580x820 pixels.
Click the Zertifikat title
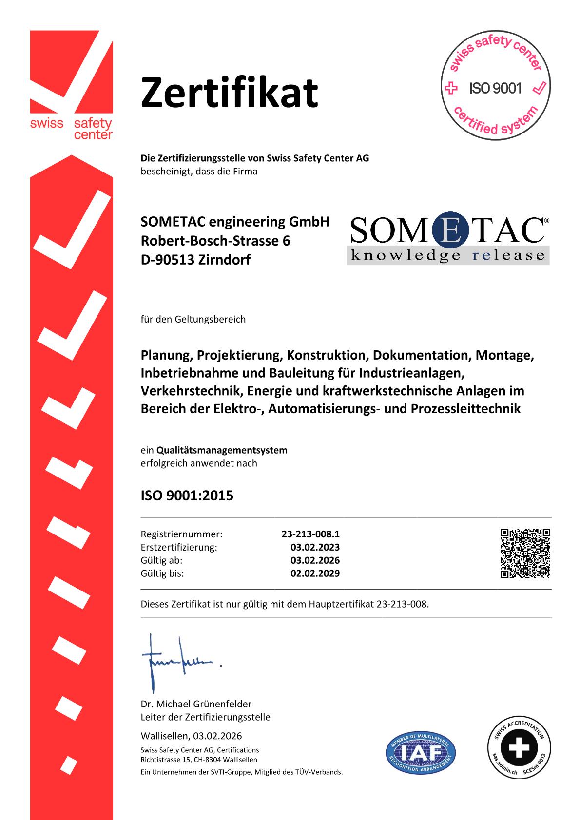point(229,92)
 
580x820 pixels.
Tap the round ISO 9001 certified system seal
point(495,88)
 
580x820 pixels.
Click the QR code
point(525,553)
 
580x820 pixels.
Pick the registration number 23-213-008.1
point(310,534)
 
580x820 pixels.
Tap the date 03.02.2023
point(315,547)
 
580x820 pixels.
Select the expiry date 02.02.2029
point(315,573)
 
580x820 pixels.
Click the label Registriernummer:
point(181,534)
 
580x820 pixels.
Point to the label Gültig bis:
point(162,573)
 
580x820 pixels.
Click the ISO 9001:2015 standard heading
point(187,496)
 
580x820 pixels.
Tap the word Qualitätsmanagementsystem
point(222,450)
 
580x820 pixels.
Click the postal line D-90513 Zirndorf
point(195,260)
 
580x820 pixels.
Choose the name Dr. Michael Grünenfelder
point(196,704)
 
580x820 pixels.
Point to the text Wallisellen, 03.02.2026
point(191,736)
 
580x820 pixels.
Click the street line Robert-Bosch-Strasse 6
point(215,241)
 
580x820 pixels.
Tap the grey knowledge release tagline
point(447,255)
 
